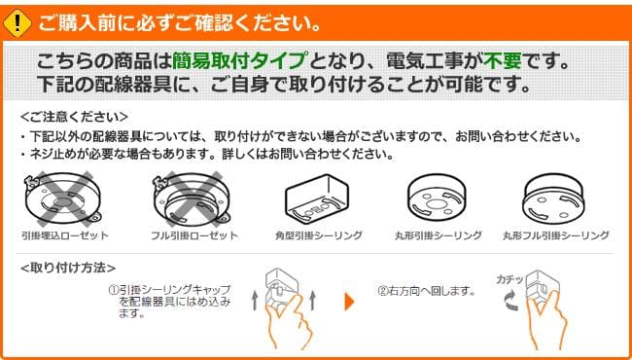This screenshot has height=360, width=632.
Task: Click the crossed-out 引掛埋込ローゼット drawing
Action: point(64,198)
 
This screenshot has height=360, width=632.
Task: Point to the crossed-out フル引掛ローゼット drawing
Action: point(193,198)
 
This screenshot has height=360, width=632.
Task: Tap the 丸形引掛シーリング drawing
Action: point(439,198)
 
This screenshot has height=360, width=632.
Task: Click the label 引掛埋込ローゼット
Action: point(64,235)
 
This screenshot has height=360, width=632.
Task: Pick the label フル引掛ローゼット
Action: point(194,235)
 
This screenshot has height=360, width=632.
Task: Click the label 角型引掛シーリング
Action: point(319,235)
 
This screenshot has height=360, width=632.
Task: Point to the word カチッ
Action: point(509,279)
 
